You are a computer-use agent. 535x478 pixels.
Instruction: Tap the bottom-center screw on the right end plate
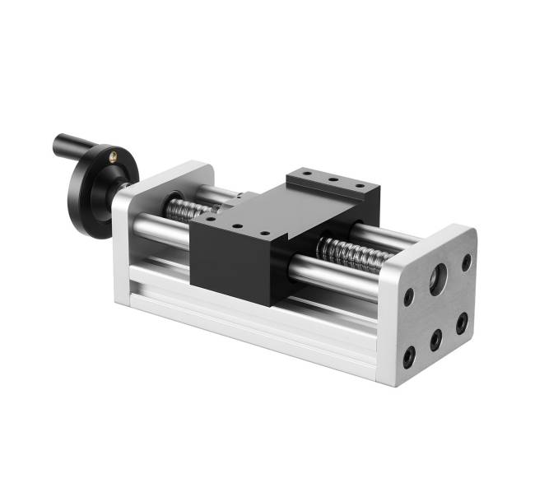[436, 339]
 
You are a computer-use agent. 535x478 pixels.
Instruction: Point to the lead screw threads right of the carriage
[354, 252]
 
